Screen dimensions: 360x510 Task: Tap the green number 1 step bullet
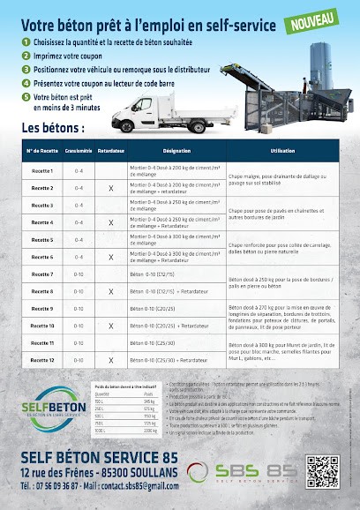coord(27,41)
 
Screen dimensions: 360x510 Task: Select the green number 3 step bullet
coord(27,68)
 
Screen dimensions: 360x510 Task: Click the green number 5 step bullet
coord(27,96)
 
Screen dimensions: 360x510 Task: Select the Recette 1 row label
coord(42,171)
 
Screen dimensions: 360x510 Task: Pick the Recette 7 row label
coord(42,274)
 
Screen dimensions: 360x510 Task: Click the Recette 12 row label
coord(42,360)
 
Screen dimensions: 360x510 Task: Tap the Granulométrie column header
coord(79,153)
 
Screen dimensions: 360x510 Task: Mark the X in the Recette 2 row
coord(110,189)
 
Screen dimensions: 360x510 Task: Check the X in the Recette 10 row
coord(110,326)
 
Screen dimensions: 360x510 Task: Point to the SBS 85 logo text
coord(257,470)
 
